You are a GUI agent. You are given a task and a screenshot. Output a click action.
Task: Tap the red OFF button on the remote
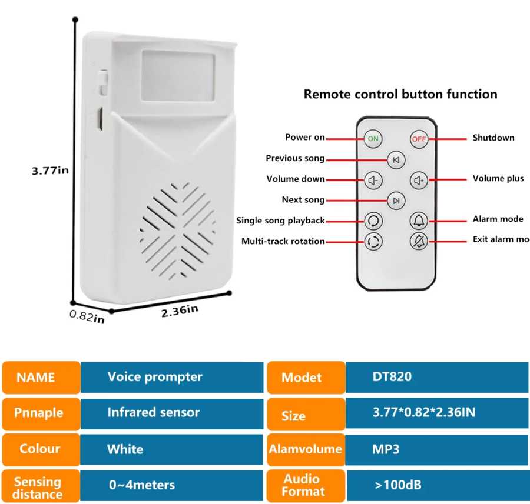(x=419, y=139)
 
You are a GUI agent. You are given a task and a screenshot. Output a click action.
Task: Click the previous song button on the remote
(x=396, y=160)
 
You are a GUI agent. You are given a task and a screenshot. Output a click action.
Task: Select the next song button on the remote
(x=396, y=201)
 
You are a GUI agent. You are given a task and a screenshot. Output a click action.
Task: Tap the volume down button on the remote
(x=373, y=181)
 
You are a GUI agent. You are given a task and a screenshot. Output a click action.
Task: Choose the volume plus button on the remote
(x=419, y=181)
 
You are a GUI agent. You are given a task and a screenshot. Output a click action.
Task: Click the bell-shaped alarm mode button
(x=419, y=221)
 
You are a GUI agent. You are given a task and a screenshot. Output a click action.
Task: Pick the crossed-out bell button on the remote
(x=419, y=241)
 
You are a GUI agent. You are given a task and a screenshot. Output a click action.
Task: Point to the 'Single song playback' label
(x=280, y=221)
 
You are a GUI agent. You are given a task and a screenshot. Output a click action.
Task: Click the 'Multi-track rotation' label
(x=283, y=241)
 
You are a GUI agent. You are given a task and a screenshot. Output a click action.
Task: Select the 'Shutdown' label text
(x=493, y=138)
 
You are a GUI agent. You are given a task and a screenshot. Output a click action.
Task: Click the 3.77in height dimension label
(x=50, y=171)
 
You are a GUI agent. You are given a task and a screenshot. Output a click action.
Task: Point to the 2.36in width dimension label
(x=180, y=311)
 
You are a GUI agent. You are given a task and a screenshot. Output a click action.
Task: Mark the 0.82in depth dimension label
(x=87, y=316)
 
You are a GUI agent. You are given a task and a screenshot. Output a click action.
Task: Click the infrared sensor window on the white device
(x=178, y=75)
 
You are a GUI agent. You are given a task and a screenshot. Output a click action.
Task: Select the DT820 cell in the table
(x=392, y=377)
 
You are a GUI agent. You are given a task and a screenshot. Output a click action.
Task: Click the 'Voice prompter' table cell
(x=155, y=377)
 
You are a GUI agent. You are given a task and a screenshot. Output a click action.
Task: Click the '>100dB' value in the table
(x=398, y=485)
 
